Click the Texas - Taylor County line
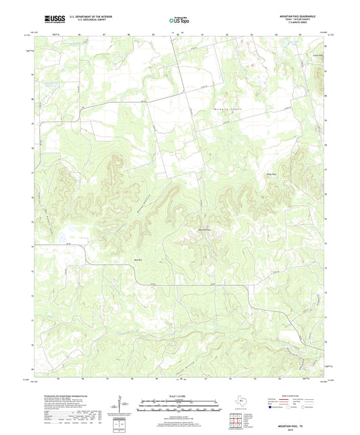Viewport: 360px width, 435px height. (x=302, y=18)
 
